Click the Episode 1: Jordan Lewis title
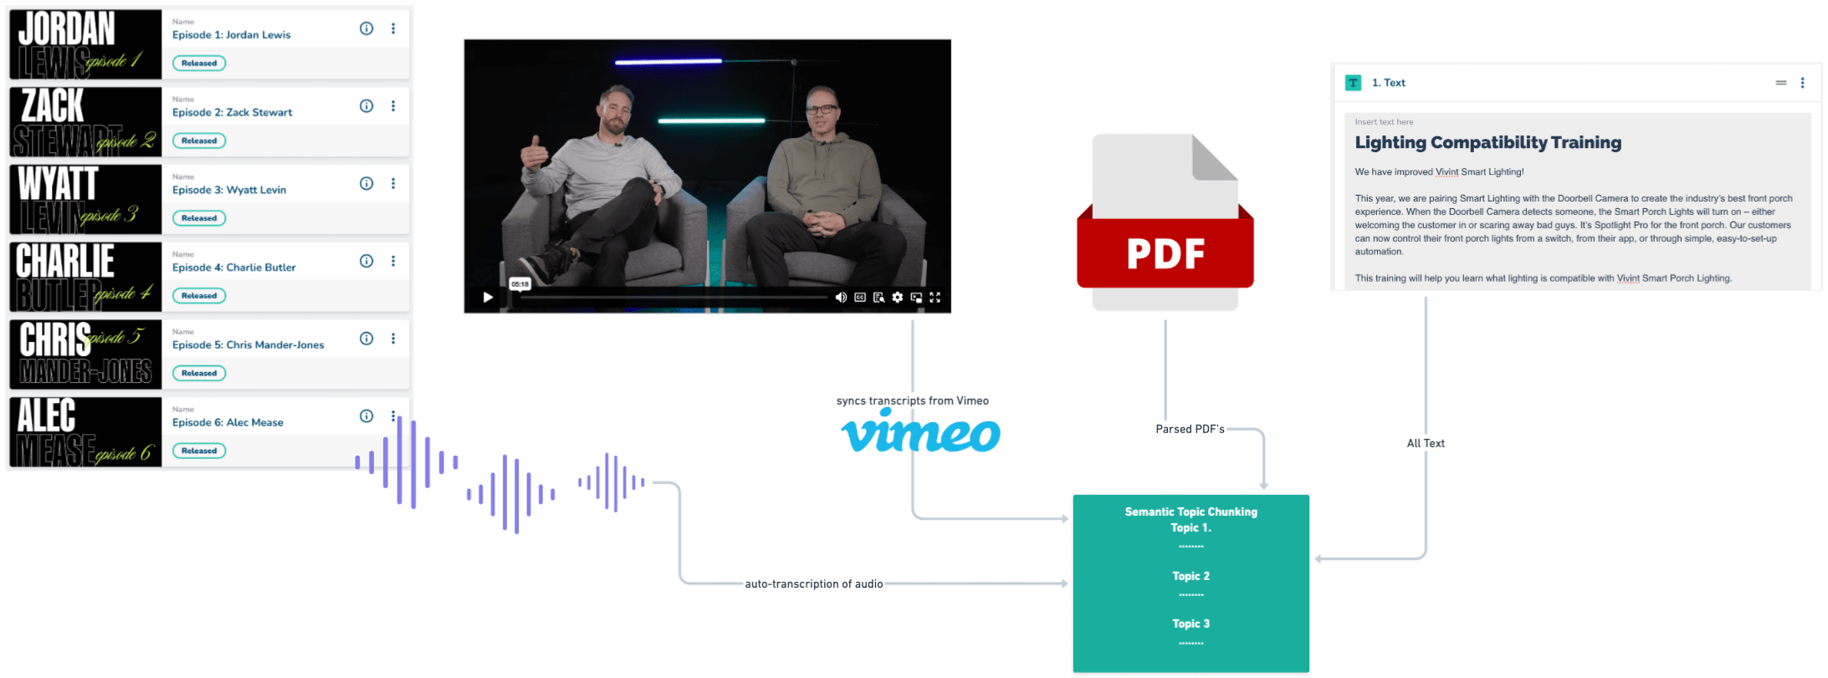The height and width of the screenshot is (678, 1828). click(x=231, y=35)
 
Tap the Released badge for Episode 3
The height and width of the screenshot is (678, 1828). click(x=199, y=218)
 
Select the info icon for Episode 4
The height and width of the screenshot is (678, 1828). click(x=366, y=261)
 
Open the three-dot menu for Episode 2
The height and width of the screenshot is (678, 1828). click(x=393, y=106)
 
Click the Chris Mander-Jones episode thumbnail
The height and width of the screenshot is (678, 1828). click(x=85, y=354)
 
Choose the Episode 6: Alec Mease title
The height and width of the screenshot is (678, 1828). click(x=228, y=422)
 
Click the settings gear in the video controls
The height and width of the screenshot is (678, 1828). click(x=897, y=298)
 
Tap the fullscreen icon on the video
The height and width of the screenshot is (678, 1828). click(x=934, y=298)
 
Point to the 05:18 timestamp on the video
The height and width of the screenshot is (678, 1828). click(x=520, y=284)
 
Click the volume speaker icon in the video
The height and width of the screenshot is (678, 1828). click(x=841, y=298)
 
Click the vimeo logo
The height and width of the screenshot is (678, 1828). click(x=920, y=433)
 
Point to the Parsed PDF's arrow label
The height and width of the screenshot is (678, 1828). click(x=1190, y=429)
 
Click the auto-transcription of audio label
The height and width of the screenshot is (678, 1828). click(x=814, y=584)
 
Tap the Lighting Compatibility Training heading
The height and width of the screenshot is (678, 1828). click(x=1487, y=143)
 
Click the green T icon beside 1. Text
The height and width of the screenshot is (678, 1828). click(x=1353, y=83)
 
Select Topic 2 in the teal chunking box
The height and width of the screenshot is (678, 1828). click(x=1191, y=576)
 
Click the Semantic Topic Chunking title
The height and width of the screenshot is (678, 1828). click(x=1191, y=512)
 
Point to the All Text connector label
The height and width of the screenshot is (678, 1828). click(x=1426, y=443)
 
